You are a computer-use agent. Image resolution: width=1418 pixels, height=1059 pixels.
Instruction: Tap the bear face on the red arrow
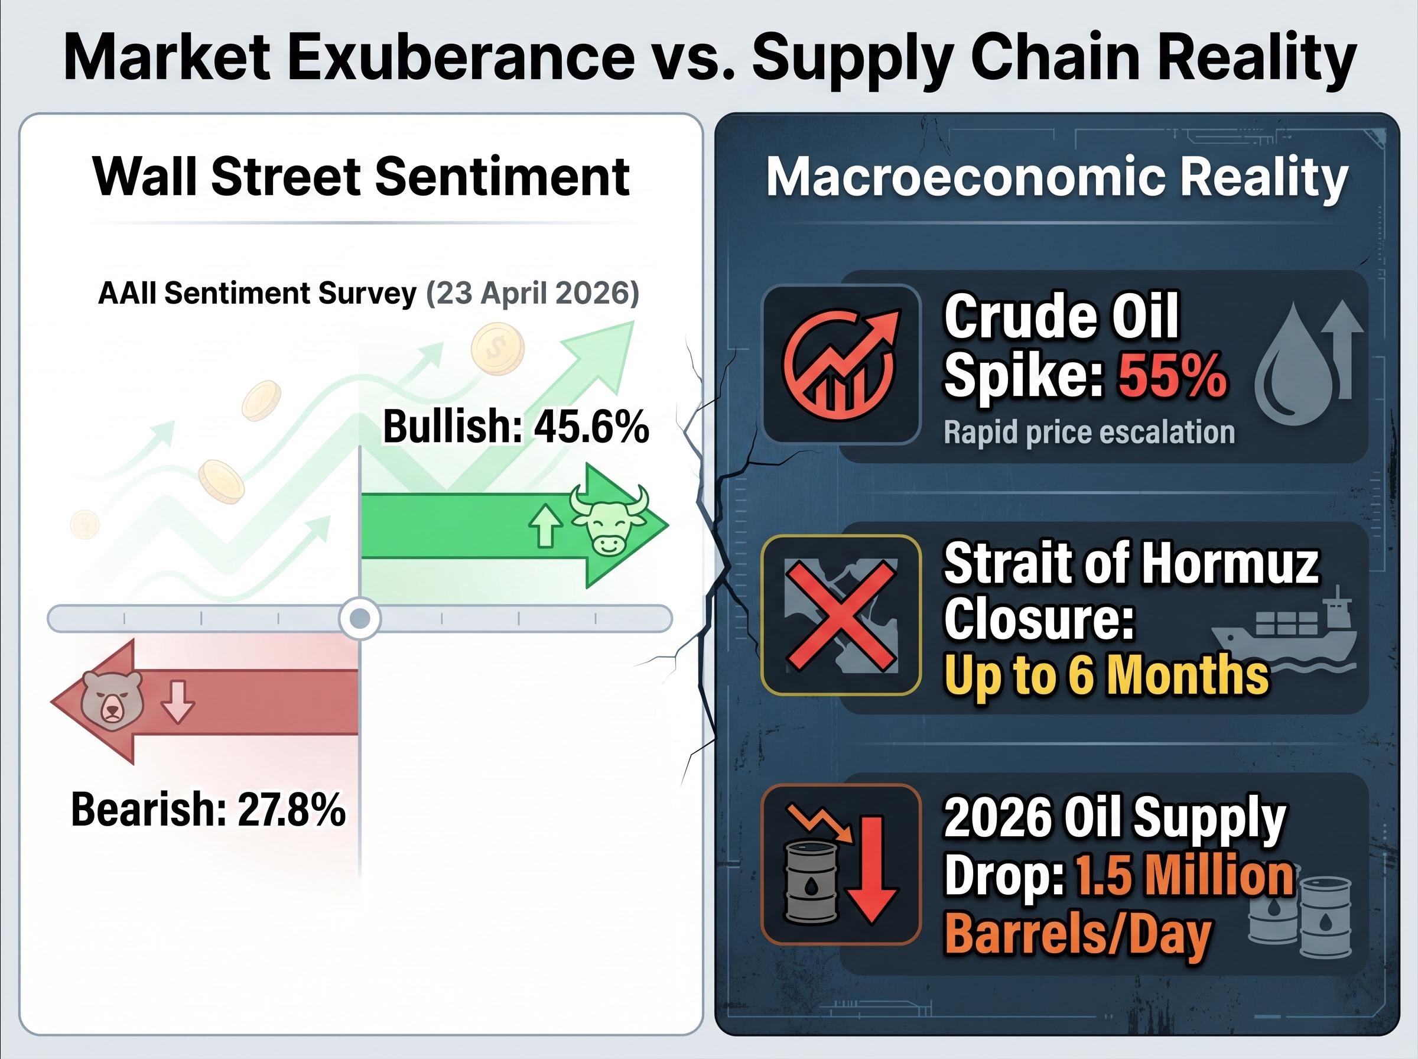(112, 699)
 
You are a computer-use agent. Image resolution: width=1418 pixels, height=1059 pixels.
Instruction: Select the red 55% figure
(1172, 375)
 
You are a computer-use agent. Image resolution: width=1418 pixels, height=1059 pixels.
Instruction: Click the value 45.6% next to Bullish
(591, 426)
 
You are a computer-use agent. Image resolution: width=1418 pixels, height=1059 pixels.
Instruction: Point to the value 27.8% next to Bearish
(291, 810)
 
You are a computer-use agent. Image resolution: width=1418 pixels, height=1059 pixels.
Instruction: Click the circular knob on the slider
(359, 619)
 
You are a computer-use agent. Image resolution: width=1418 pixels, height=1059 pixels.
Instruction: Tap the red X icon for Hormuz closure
(840, 615)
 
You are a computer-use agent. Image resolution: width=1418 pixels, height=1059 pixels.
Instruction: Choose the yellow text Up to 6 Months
(1106, 674)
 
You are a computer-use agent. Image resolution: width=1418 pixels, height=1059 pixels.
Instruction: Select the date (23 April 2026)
(532, 294)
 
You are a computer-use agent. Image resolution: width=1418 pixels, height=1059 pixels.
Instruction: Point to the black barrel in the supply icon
(811, 882)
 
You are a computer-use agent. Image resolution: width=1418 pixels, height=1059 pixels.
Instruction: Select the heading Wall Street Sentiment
(361, 176)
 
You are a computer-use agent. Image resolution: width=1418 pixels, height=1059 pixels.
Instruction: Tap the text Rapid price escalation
(1089, 433)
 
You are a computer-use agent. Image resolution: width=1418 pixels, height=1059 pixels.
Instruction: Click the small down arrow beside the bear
(177, 702)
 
